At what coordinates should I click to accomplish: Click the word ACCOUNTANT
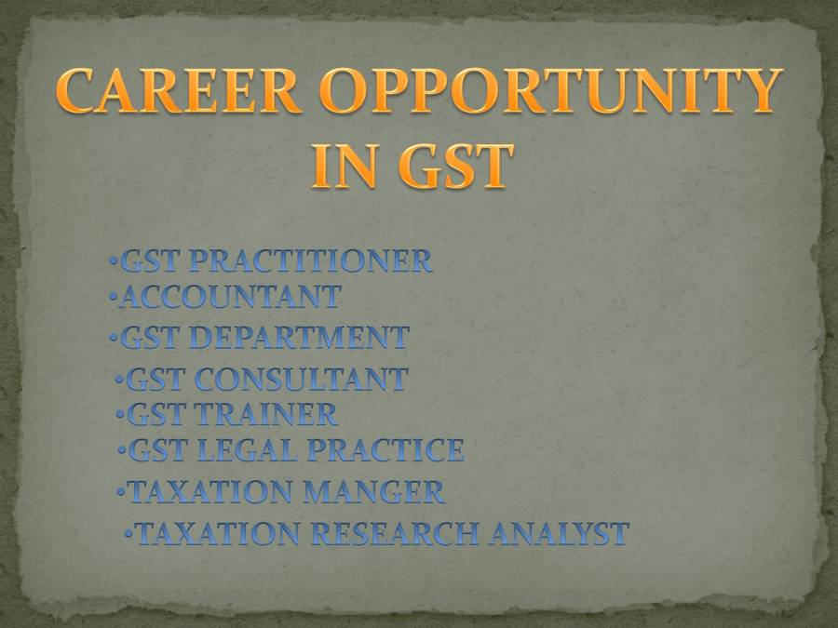coord(231,298)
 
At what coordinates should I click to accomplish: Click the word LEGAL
coord(247,450)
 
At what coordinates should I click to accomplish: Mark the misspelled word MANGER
coord(381,491)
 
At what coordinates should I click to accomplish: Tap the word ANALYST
coord(560,534)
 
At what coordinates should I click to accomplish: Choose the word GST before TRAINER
coord(155,413)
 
